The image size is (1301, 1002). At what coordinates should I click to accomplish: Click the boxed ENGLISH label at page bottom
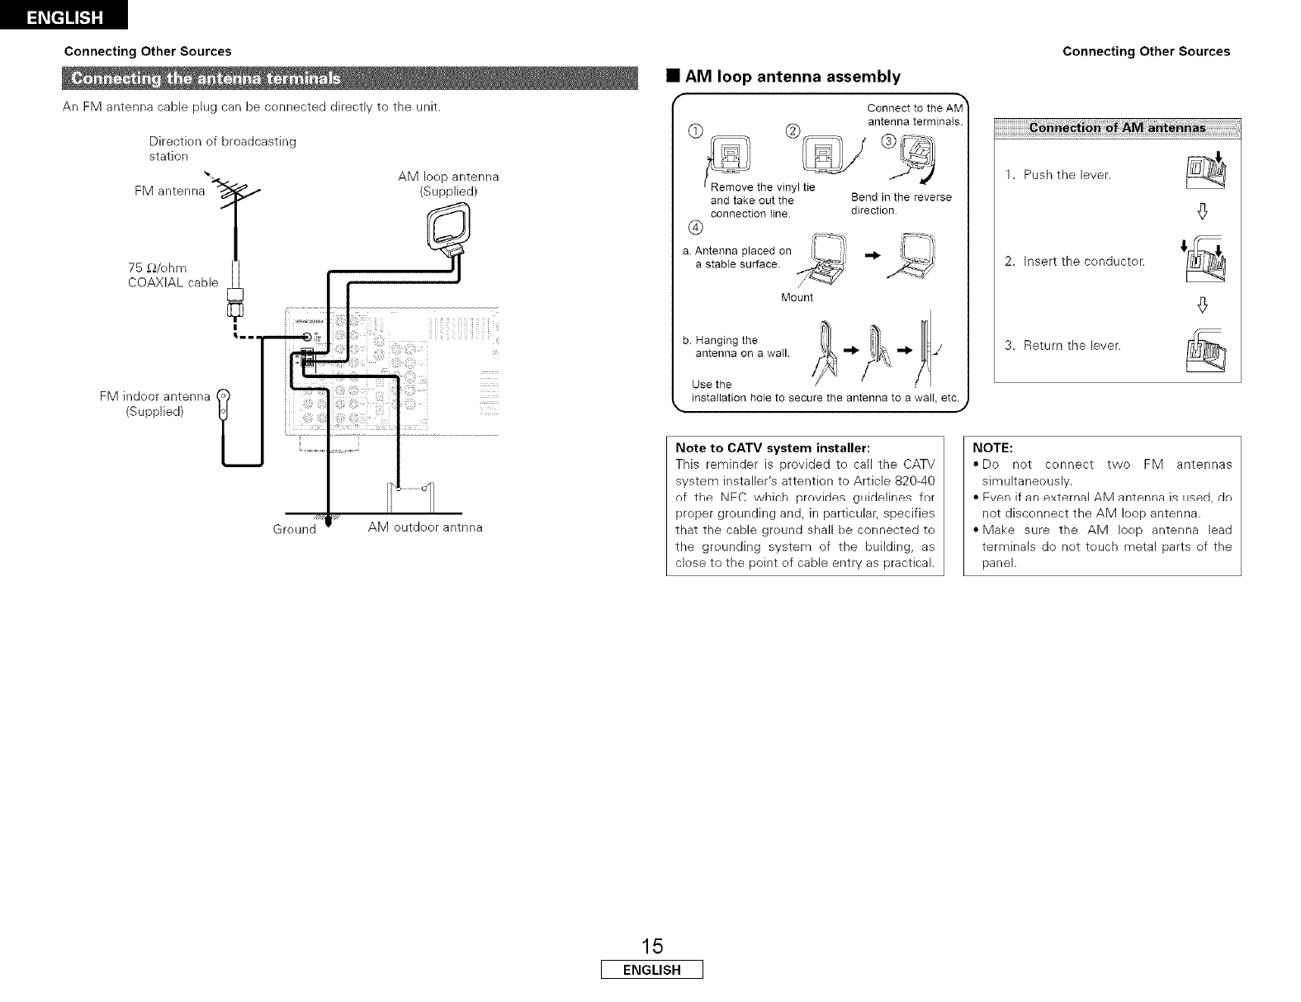[650, 970]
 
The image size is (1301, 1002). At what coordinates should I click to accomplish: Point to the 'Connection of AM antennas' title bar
[1117, 128]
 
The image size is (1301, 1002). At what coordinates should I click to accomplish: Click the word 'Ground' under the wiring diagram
[295, 529]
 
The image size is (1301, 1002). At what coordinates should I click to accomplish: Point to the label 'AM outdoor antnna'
[425, 527]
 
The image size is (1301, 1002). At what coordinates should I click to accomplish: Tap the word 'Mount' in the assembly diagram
[796, 297]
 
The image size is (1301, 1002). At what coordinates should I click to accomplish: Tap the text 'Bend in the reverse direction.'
[900, 204]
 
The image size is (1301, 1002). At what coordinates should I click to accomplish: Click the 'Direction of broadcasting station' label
[222, 149]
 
